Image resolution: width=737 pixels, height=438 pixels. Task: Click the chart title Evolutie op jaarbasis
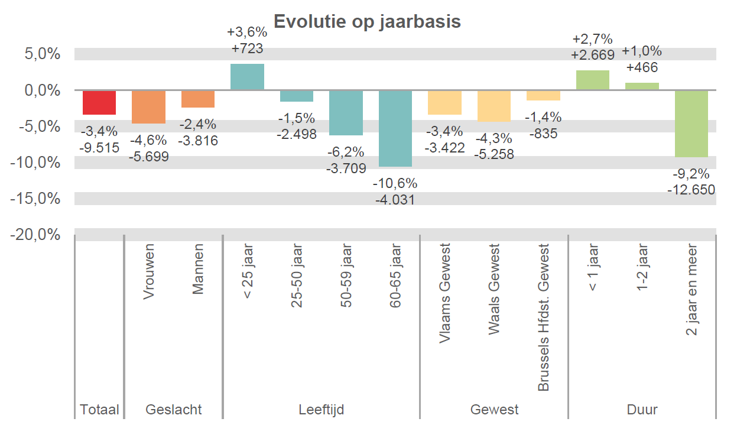(x=367, y=21)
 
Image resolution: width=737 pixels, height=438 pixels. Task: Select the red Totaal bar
(x=99, y=103)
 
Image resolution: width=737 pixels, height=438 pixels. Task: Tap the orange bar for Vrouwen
(x=148, y=107)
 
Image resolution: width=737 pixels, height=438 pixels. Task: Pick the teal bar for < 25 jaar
(x=247, y=77)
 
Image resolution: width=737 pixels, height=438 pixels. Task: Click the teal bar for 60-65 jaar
(x=395, y=128)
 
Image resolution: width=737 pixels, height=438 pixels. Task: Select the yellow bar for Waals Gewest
(x=494, y=106)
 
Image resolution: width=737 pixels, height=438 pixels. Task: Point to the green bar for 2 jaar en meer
(x=691, y=124)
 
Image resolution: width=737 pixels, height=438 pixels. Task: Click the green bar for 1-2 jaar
(x=642, y=86)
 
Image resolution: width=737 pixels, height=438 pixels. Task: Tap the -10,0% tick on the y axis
(x=36, y=163)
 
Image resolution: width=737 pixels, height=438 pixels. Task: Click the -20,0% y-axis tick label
(x=36, y=235)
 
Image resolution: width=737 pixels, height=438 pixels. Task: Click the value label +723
(x=247, y=48)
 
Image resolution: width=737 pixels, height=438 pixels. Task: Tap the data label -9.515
(x=99, y=147)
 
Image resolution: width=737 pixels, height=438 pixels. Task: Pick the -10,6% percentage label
(x=395, y=183)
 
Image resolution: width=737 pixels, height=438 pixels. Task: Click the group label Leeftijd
(x=322, y=410)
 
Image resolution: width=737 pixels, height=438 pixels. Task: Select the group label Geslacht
(x=173, y=410)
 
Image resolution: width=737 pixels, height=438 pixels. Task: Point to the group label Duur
(x=642, y=410)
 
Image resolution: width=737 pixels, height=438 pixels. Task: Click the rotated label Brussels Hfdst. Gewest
(x=544, y=318)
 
